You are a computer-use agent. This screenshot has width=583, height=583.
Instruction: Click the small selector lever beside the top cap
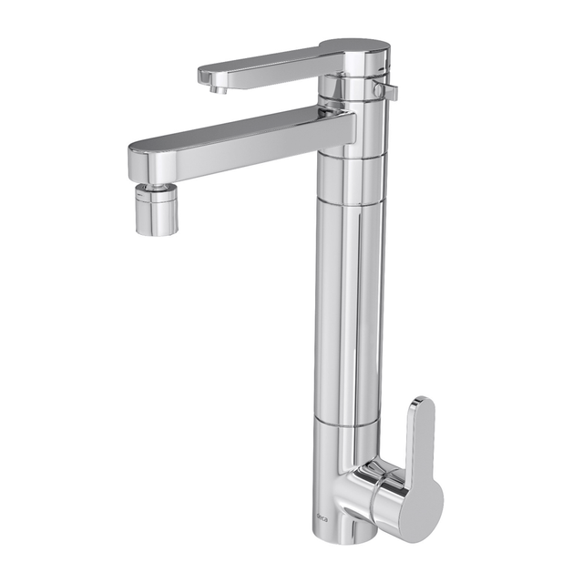click(x=389, y=91)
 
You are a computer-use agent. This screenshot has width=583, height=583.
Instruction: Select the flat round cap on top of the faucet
click(x=354, y=48)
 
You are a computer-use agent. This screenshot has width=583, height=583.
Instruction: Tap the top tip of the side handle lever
click(x=421, y=402)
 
